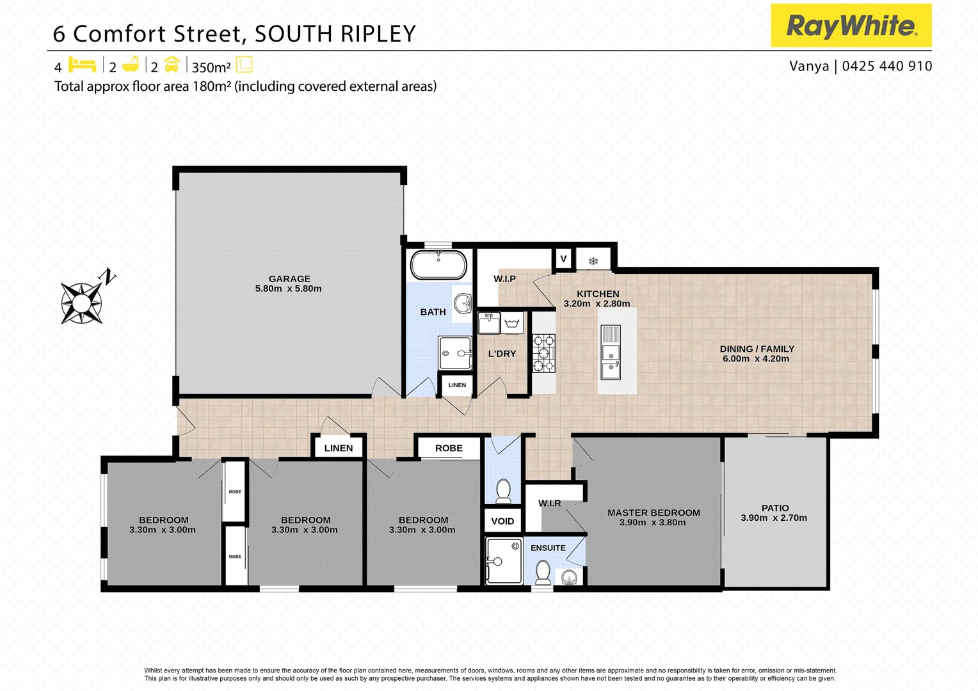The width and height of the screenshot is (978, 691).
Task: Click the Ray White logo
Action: click(851, 26)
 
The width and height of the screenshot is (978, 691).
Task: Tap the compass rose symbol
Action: click(82, 302)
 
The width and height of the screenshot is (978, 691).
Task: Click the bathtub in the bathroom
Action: click(438, 265)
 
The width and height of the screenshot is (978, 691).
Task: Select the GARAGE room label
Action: click(289, 279)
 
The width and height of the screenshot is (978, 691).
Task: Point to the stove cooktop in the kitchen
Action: click(544, 353)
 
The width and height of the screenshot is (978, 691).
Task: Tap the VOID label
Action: click(502, 521)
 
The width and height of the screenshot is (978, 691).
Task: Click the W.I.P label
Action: click(504, 279)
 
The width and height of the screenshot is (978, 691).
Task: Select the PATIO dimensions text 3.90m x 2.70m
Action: click(774, 518)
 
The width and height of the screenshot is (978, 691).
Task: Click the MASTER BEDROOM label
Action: click(653, 513)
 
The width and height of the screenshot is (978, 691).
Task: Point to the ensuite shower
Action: click(504, 561)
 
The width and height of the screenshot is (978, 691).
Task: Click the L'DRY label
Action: click(502, 354)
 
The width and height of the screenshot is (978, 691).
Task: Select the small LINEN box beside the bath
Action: click(457, 385)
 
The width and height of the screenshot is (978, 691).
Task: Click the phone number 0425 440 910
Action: click(887, 67)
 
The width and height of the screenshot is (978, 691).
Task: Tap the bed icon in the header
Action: click(82, 65)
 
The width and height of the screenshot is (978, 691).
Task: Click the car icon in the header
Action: click(172, 65)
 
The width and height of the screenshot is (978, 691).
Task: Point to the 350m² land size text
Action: click(211, 68)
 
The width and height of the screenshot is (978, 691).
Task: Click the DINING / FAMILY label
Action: click(757, 349)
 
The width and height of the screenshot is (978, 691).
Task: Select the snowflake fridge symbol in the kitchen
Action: click(593, 260)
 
